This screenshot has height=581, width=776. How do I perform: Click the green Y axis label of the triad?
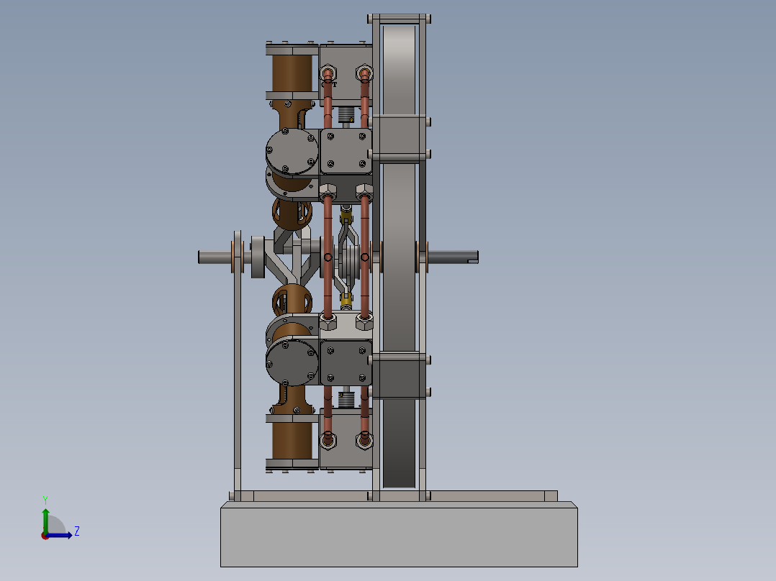45,499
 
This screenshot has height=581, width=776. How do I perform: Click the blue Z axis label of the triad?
76,531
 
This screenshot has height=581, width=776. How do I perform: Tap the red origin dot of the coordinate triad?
45,535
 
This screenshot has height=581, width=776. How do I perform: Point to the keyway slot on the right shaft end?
472,256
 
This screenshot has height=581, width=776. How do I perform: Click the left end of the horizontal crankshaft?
203,256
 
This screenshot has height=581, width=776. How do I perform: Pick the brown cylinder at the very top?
292,74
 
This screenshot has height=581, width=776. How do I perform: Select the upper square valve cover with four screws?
346,152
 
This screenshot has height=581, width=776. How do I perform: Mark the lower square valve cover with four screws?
346,362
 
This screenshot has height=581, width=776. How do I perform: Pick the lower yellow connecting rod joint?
347,297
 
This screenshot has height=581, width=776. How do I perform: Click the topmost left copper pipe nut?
328,73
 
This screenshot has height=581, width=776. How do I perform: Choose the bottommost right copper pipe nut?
365,438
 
